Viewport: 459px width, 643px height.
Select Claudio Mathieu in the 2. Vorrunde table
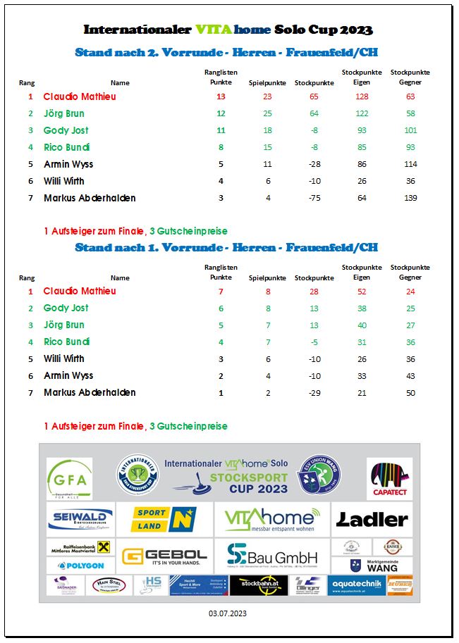click(80, 96)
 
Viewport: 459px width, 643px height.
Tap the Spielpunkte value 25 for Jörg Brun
click(267, 113)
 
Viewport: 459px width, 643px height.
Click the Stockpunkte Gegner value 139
click(410, 198)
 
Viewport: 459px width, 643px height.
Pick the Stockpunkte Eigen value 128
click(362, 96)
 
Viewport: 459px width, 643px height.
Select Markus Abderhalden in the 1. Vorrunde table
click(90, 392)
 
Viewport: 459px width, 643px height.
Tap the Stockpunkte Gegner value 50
click(410, 392)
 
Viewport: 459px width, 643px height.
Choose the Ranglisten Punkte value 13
click(221, 96)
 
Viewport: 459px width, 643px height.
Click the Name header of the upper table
click(120, 83)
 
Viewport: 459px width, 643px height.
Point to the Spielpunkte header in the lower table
click(267, 277)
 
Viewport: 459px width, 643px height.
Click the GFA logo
click(69, 478)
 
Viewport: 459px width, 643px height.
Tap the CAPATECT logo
click(389, 479)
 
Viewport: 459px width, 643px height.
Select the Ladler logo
click(372, 520)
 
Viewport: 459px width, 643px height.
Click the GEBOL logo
click(165, 556)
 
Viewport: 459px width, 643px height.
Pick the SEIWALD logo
click(80, 520)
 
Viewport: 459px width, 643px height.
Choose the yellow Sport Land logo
click(164, 520)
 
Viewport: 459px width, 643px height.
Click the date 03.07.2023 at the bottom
click(228, 614)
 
